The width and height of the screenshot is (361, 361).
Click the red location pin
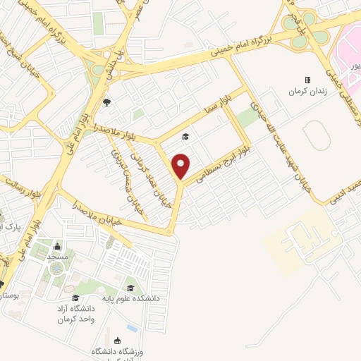pyautogui.click(x=181, y=166)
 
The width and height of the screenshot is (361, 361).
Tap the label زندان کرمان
pyautogui.click(x=307, y=92)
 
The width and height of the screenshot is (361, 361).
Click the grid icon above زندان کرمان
pyautogui.click(x=307, y=80)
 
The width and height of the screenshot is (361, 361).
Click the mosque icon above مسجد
pyautogui.click(x=58, y=247)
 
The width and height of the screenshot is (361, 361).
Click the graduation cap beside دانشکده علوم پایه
pyautogui.click(x=131, y=288)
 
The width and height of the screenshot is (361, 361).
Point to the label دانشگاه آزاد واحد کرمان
pyautogui.click(x=75, y=314)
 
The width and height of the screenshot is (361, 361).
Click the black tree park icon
pyautogui.click(x=106, y=103)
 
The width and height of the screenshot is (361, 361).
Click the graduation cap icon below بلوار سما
pyautogui.click(x=185, y=137)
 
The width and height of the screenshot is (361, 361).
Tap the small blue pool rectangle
pyautogui.click(x=132, y=329)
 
